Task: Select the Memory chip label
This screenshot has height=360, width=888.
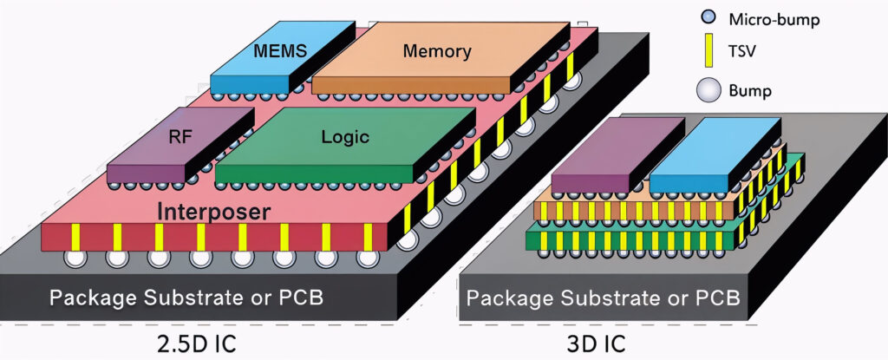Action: coord(437,51)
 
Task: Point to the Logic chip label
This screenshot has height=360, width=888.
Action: coord(345,137)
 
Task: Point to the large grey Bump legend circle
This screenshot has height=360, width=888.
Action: coord(708,89)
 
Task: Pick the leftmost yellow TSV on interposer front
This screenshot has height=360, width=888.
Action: coord(75,235)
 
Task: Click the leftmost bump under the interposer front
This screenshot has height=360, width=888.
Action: coord(73,258)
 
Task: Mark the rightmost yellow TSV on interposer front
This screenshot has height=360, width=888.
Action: coord(369,235)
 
